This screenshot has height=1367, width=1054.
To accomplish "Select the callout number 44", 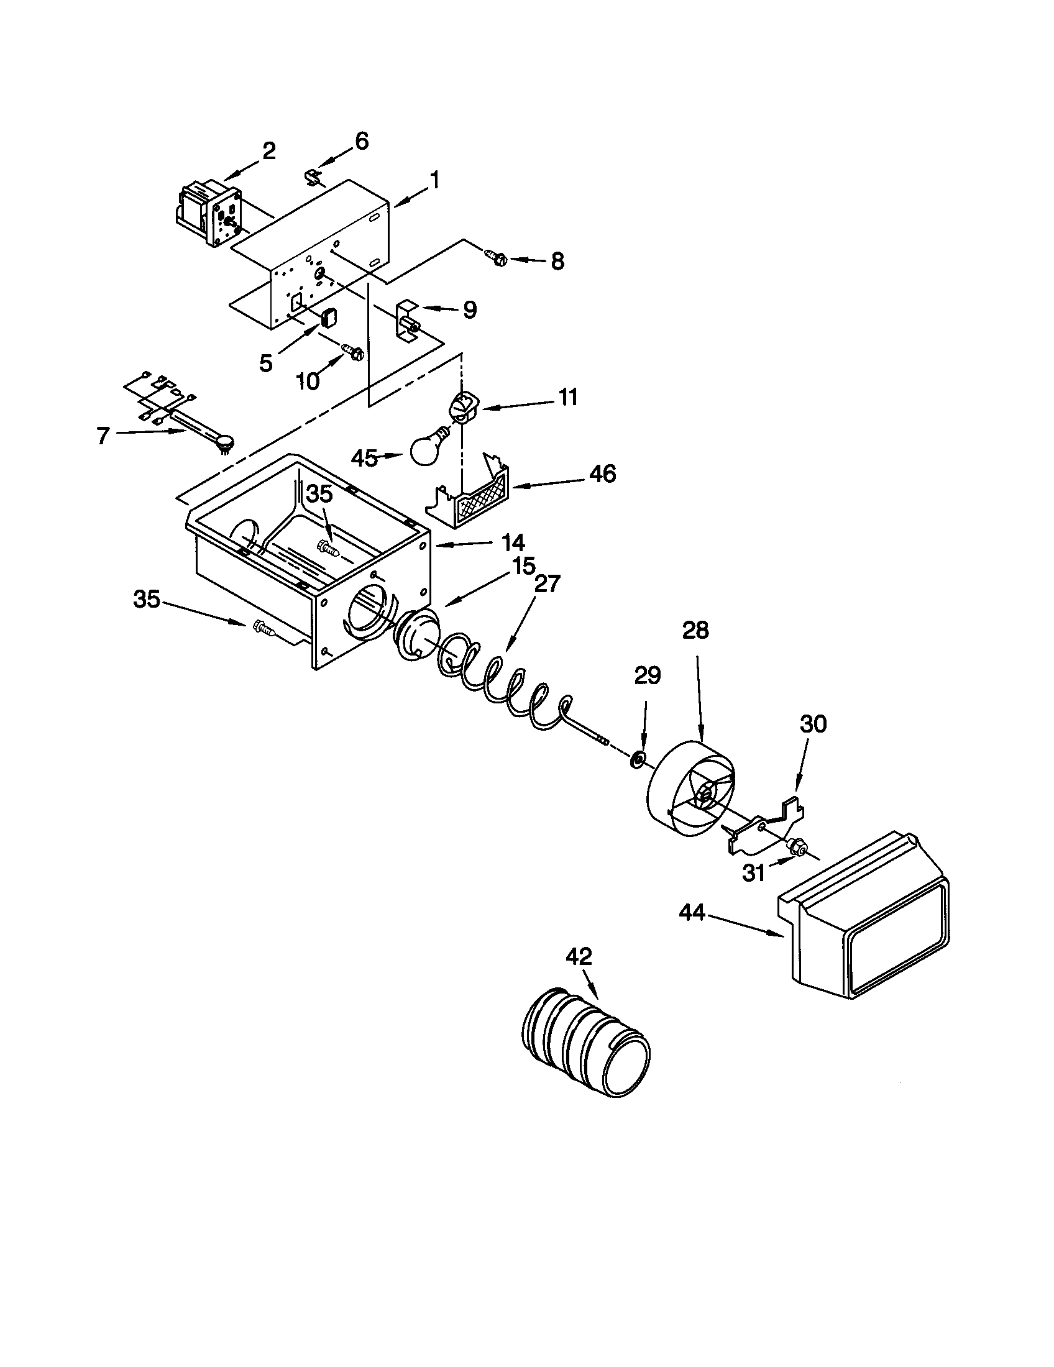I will pyautogui.click(x=692, y=914).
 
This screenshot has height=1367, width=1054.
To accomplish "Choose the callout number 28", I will pyautogui.click(x=695, y=629).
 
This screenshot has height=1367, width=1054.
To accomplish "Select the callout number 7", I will pyautogui.click(x=103, y=435).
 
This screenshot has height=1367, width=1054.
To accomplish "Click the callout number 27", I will pyautogui.click(x=548, y=583).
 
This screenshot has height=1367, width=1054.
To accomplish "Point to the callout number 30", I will pyautogui.click(x=812, y=724).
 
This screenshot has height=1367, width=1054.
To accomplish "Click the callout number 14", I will pyautogui.click(x=511, y=542).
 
